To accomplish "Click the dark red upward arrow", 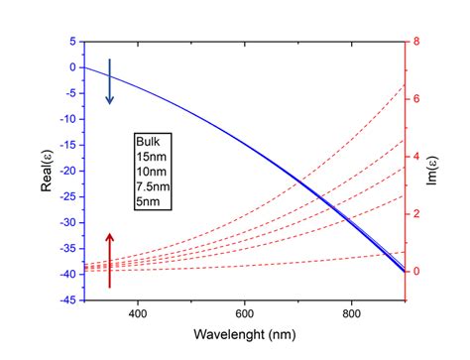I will pyautogui.click(x=110, y=259).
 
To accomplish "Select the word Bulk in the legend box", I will pyautogui.click(x=147, y=141).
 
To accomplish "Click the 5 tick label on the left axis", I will pyautogui.click(x=72, y=42).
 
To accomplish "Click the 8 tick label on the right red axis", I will pyautogui.click(x=416, y=42).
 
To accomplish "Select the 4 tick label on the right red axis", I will pyautogui.click(x=416, y=157).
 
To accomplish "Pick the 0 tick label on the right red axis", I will pyautogui.click(x=416, y=271).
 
